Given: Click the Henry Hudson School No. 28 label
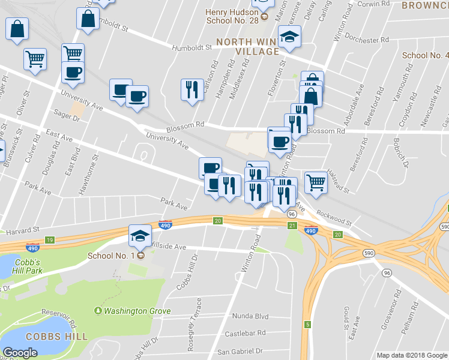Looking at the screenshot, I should [232, 16].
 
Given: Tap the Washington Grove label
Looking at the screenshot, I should [137, 311].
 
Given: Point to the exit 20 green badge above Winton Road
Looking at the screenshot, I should [218, 221].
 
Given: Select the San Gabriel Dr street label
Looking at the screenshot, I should [240, 351].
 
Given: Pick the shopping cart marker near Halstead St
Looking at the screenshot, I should [316, 181].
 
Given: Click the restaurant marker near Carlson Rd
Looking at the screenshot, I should [191, 90].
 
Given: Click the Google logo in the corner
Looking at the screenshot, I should [20, 353].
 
